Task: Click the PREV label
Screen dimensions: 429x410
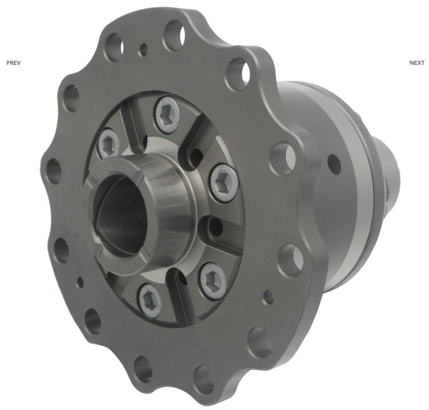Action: (13, 63)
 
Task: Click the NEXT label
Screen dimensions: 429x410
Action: (417, 63)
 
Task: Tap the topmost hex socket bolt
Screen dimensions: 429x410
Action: (167, 115)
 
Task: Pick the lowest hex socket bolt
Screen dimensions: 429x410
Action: (150, 300)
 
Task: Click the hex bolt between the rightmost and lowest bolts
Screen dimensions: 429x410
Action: (213, 280)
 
